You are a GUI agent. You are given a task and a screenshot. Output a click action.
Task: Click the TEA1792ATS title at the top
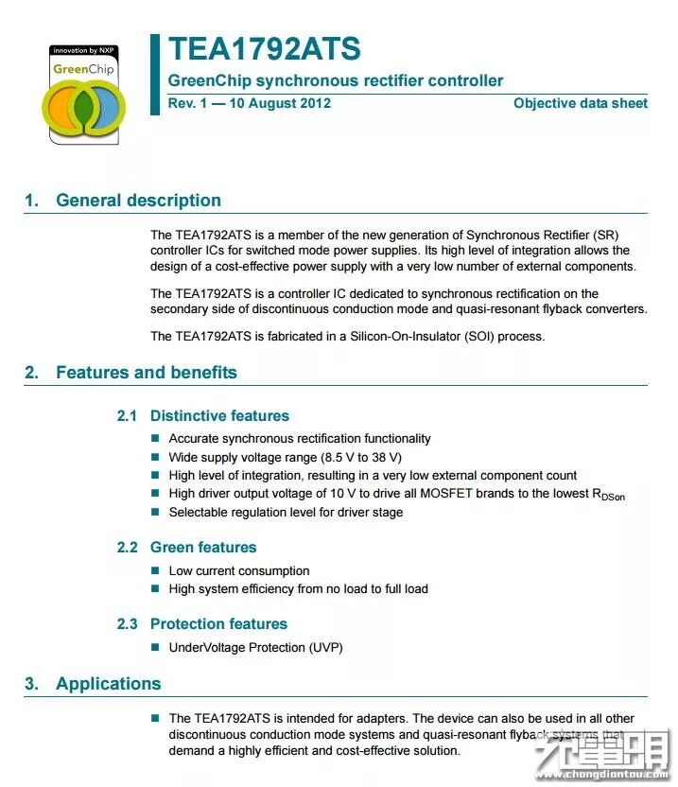tap(264, 49)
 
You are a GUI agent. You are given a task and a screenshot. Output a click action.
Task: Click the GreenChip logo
tap(83, 93)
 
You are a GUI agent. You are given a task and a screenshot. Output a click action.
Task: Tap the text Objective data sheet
tap(580, 103)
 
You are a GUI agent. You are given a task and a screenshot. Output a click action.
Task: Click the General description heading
tap(138, 201)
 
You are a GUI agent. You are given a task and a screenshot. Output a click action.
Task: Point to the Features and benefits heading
tap(146, 373)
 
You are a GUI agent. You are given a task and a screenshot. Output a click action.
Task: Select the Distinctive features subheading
tap(219, 416)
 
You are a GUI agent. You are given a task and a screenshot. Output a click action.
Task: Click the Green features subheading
tap(203, 548)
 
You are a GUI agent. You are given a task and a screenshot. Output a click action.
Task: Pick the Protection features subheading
tap(218, 624)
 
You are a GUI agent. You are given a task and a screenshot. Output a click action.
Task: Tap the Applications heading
tap(108, 684)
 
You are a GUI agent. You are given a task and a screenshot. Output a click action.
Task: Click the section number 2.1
tap(127, 416)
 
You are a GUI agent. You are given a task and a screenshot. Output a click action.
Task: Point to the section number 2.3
tap(127, 624)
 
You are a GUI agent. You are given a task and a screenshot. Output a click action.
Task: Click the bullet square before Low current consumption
tap(156, 571)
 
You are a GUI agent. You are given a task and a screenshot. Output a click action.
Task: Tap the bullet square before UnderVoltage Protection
tap(156, 648)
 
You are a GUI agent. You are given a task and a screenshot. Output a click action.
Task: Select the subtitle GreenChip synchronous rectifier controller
tap(336, 81)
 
